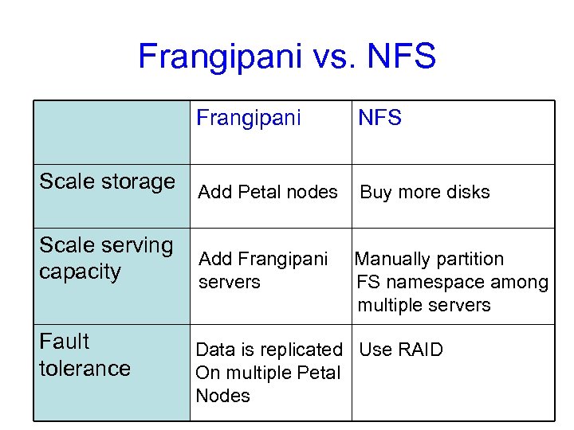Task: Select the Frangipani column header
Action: click(x=249, y=119)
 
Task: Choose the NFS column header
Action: click(x=379, y=119)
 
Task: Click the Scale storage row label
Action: click(x=107, y=182)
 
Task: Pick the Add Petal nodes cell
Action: click(x=268, y=192)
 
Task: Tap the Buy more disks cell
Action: click(x=425, y=192)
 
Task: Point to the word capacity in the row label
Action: click(x=80, y=272)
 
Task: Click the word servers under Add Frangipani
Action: click(x=230, y=283)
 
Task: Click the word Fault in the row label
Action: click(x=64, y=342)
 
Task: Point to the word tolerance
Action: click(x=85, y=368)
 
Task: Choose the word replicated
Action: click(x=299, y=350)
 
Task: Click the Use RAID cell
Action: click(x=401, y=350)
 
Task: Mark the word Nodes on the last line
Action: click(x=222, y=396)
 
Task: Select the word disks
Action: click(x=466, y=192)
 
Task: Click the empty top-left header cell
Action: click(x=112, y=132)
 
